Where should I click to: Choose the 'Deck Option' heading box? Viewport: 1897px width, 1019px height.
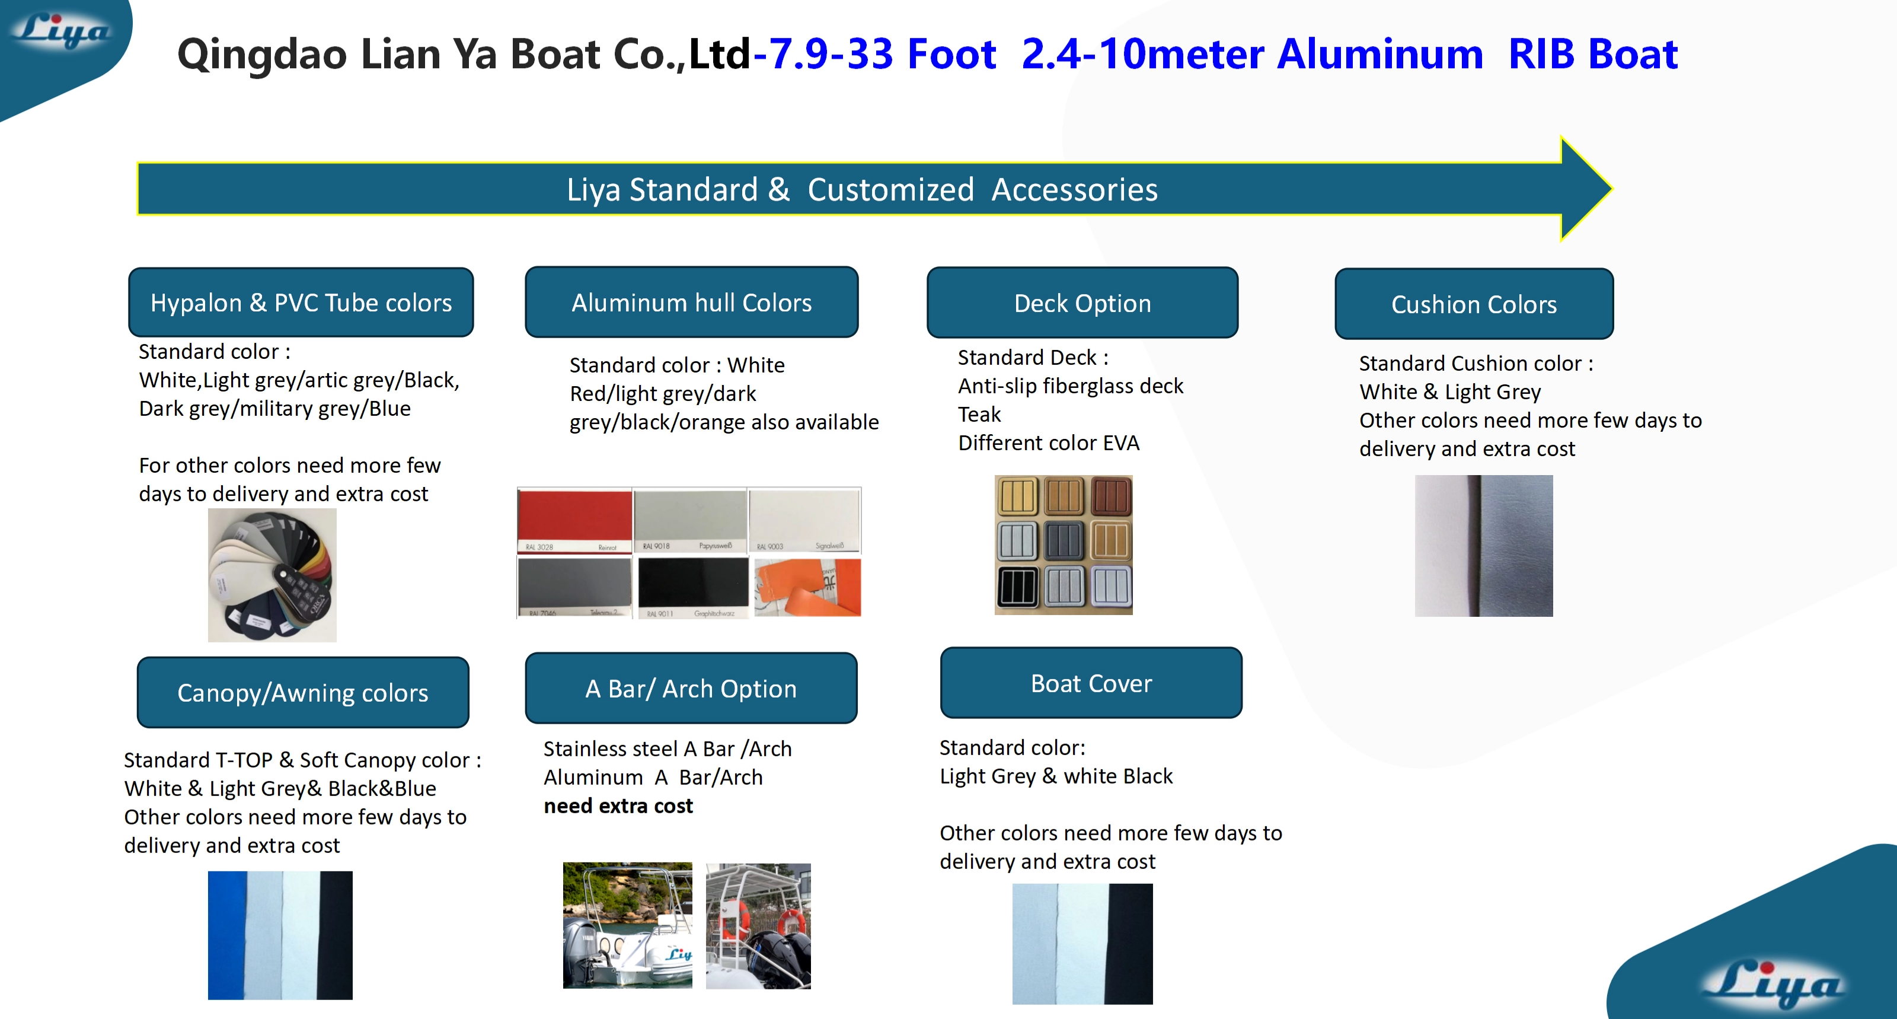[1082, 304]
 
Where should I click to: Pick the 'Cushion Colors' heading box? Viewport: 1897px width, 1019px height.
[1474, 304]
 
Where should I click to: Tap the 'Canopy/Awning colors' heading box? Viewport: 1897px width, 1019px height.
[303, 693]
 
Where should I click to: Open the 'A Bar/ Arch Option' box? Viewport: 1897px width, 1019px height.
[691, 689]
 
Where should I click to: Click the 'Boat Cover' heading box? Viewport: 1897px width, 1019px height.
[1091, 684]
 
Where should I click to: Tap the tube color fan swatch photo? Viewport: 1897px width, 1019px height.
[272, 575]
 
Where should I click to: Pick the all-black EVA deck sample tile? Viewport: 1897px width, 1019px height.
[1017, 587]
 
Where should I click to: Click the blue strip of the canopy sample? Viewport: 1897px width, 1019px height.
[227, 935]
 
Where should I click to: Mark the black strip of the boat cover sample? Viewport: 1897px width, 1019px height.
[1130, 944]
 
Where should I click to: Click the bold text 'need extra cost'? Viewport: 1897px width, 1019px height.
[618, 806]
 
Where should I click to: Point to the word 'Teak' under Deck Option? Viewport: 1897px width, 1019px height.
[979, 415]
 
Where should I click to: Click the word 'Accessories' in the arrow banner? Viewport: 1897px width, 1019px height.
[1074, 190]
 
